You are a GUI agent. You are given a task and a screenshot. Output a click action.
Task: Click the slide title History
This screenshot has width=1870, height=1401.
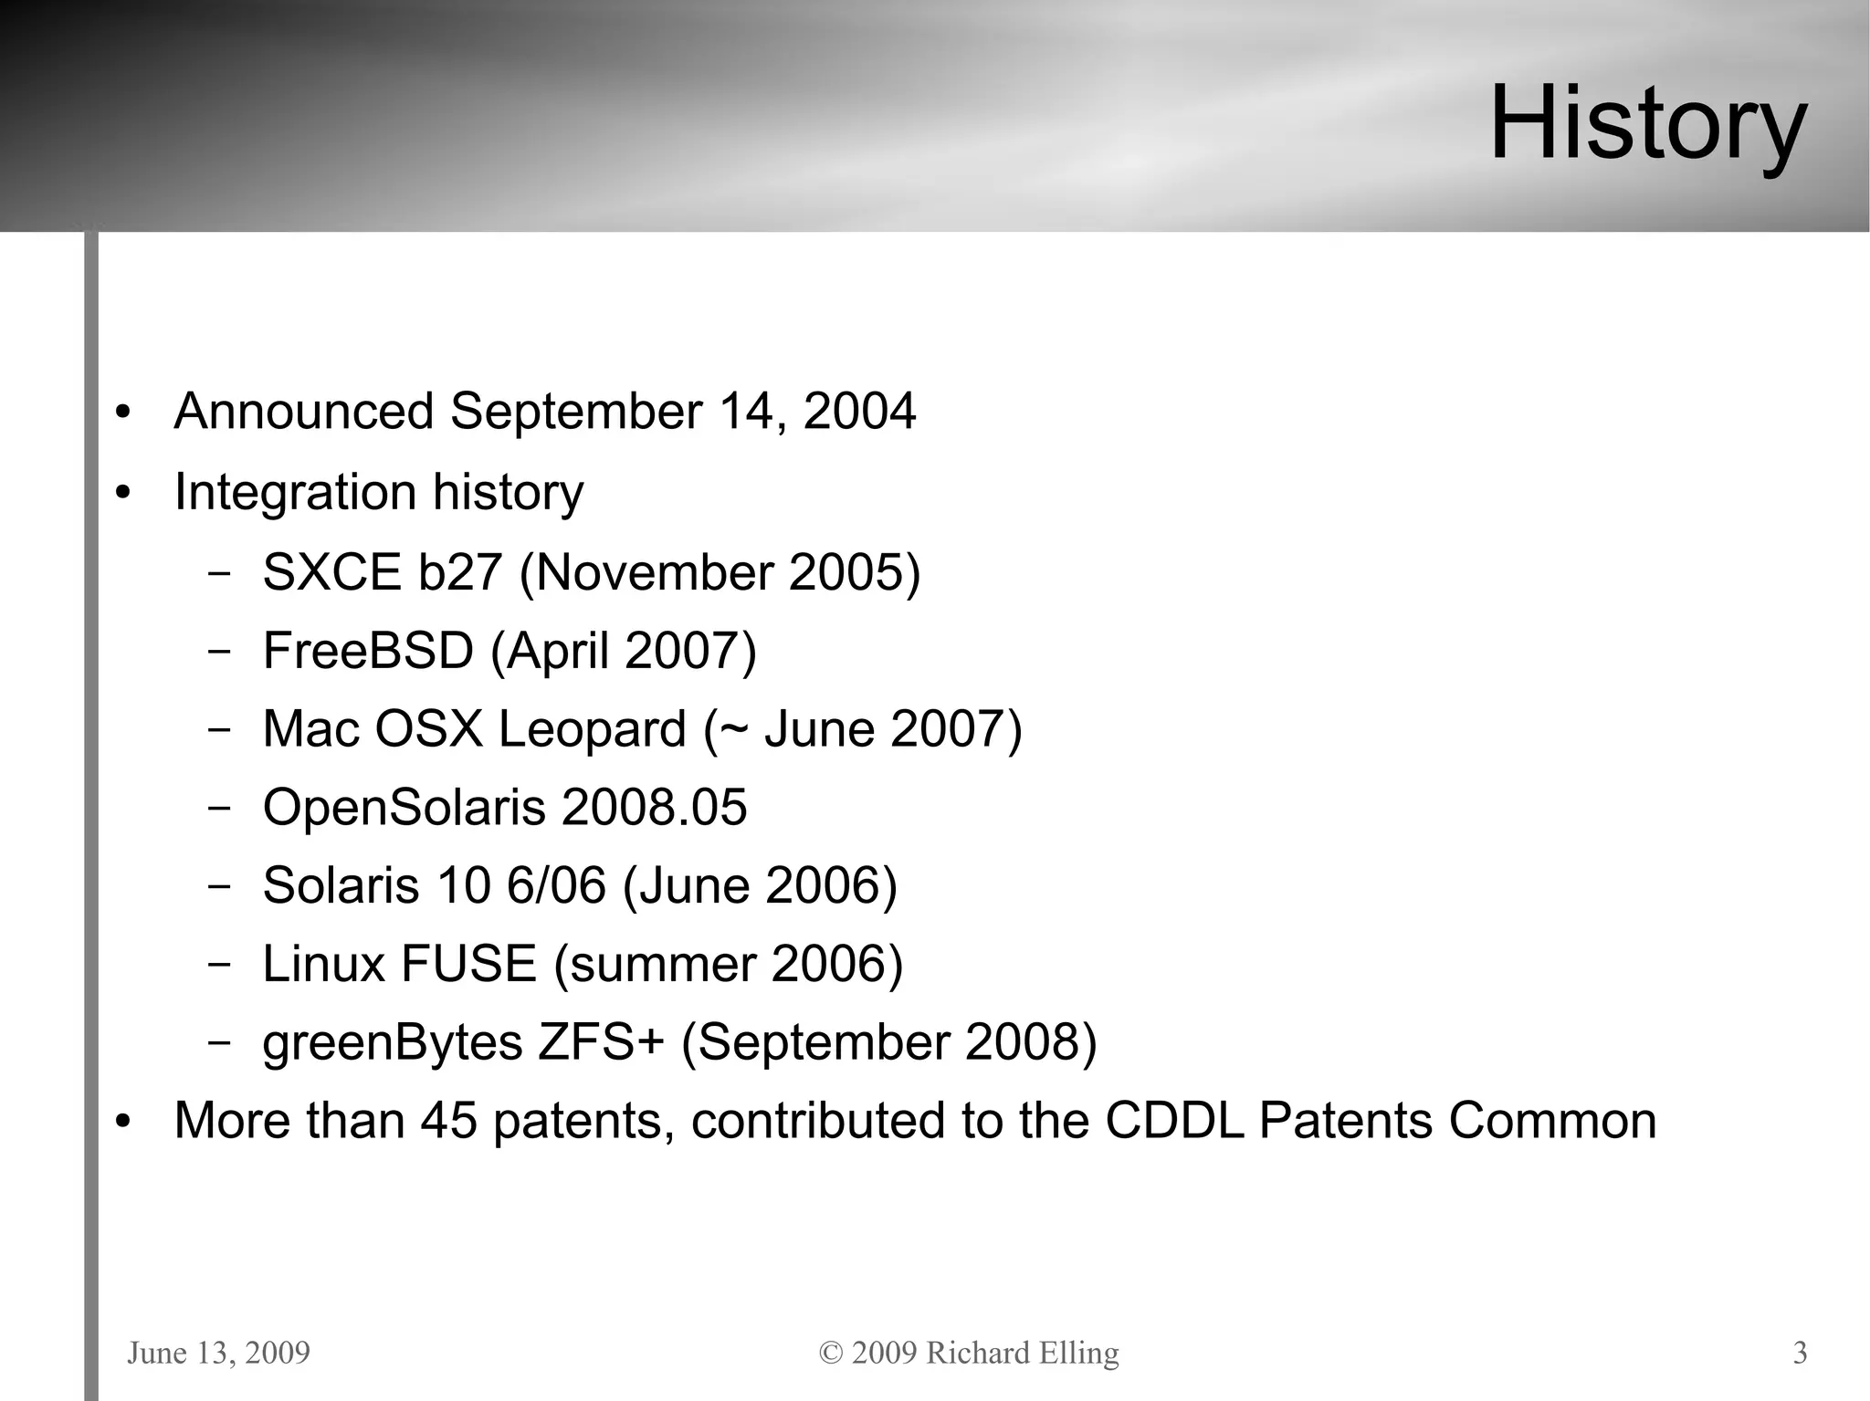point(1647,123)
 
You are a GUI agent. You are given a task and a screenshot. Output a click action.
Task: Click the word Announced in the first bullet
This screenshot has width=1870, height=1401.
point(303,411)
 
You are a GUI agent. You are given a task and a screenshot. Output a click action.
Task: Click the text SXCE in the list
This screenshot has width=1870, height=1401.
point(331,573)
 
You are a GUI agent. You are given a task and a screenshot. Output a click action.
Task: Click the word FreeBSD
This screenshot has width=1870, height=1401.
point(368,652)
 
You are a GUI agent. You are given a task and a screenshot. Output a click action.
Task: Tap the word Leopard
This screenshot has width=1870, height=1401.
point(592,730)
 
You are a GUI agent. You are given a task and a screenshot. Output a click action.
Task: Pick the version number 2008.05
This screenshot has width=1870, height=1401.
point(654,808)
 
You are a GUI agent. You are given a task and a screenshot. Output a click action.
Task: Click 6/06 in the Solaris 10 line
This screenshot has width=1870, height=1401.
point(556,885)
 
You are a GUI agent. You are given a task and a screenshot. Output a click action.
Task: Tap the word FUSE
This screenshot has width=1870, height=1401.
point(467,964)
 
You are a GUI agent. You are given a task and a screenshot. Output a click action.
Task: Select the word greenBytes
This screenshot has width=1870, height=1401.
point(392,1043)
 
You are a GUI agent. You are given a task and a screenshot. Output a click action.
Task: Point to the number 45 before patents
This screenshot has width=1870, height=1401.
point(448,1121)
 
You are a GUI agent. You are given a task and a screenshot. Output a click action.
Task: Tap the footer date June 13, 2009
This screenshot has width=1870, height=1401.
point(219,1353)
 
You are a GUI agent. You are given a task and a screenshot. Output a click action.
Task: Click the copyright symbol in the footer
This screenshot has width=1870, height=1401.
point(831,1353)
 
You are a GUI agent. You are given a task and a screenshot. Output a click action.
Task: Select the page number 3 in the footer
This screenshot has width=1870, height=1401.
point(1800,1353)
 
